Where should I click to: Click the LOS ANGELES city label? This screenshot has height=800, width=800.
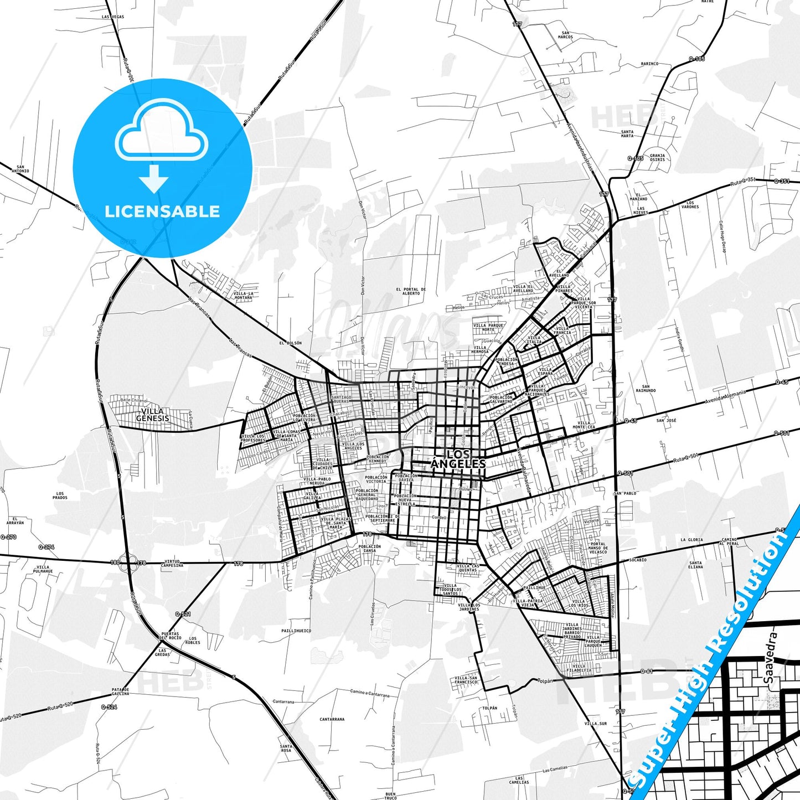point(458,459)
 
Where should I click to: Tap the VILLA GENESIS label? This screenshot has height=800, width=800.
point(152,415)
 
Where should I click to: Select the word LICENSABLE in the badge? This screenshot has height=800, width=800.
point(162,211)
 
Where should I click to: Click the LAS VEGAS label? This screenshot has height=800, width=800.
point(113,17)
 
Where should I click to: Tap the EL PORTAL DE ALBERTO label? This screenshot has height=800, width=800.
point(411,291)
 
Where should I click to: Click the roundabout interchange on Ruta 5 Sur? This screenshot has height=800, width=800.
point(127,563)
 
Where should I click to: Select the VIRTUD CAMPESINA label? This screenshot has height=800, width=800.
point(172,564)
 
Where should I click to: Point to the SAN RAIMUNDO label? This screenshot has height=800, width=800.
point(646,389)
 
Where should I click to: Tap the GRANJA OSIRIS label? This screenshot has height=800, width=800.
point(657,158)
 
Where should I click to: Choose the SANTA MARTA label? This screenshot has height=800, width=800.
point(627,134)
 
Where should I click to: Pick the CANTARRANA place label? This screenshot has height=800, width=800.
point(332,719)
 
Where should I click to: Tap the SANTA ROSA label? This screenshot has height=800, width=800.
point(286,748)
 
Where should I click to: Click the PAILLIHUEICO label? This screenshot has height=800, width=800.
point(296,631)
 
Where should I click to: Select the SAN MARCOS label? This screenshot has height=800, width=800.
point(565,34)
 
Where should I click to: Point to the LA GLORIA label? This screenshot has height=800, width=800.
point(691,539)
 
